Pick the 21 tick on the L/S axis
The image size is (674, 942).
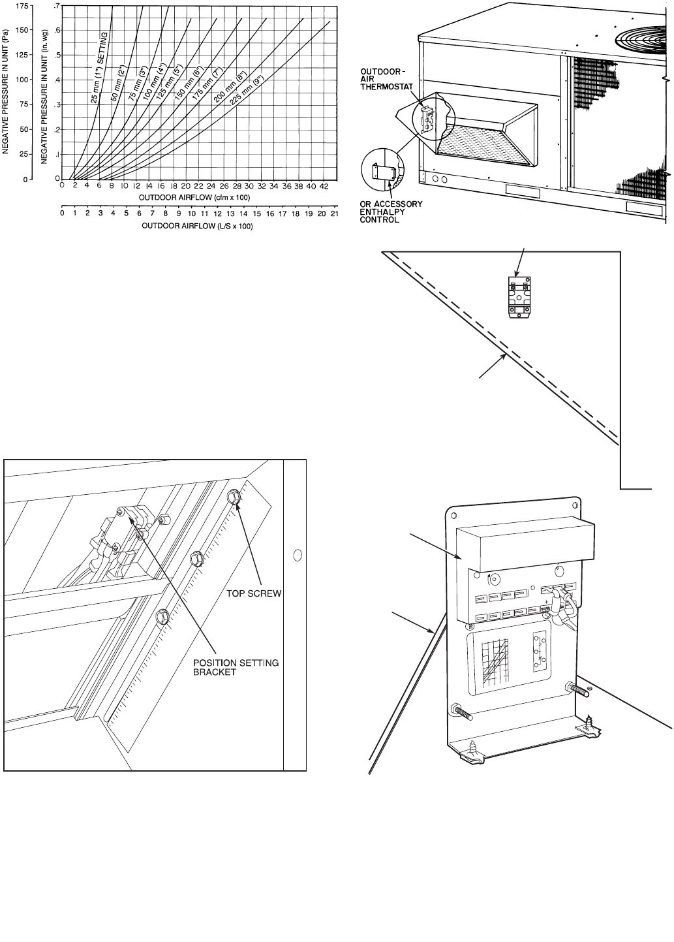[x=335, y=213]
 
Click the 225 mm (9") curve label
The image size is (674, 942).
[x=236, y=92]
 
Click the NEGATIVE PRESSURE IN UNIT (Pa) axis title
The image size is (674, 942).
[x=6, y=91]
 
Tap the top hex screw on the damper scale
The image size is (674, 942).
[x=234, y=498]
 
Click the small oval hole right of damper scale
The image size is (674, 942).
[x=298, y=556]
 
